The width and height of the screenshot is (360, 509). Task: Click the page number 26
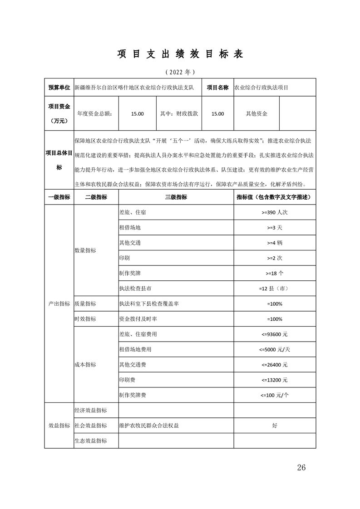(301, 468)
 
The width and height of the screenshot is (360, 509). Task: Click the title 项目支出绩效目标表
(180, 54)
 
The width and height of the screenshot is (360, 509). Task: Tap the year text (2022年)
(180, 72)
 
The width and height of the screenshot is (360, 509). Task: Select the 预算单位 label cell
(59, 88)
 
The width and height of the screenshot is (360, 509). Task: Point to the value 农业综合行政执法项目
(261, 88)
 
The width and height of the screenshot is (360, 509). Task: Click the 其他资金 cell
(256, 113)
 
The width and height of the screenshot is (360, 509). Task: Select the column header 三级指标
(176, 197)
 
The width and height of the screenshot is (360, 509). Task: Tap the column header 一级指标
(59, 197)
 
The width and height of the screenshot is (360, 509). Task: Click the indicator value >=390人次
(275, 212)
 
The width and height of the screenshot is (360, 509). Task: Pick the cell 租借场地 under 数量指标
(130, 227)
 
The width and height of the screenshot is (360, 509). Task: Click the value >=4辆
(275, 243)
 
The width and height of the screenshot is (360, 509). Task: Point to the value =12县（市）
(275, 289)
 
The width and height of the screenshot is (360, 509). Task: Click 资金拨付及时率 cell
(138, 319)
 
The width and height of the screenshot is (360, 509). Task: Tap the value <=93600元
(275, 334)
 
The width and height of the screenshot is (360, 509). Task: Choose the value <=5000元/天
(275, 350)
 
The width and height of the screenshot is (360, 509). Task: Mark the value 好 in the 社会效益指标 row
(275, 426)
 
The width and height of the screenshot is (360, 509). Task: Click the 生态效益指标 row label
(90, 440)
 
